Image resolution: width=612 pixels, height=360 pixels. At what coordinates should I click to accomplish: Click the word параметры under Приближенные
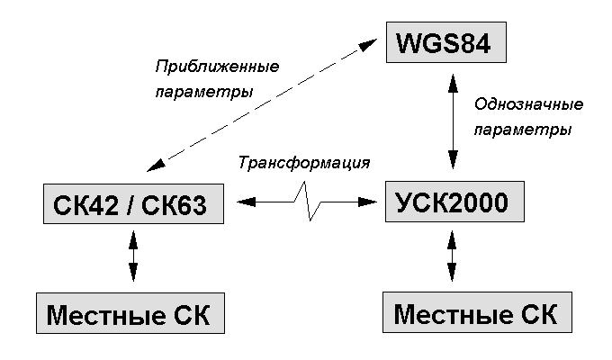202,93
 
